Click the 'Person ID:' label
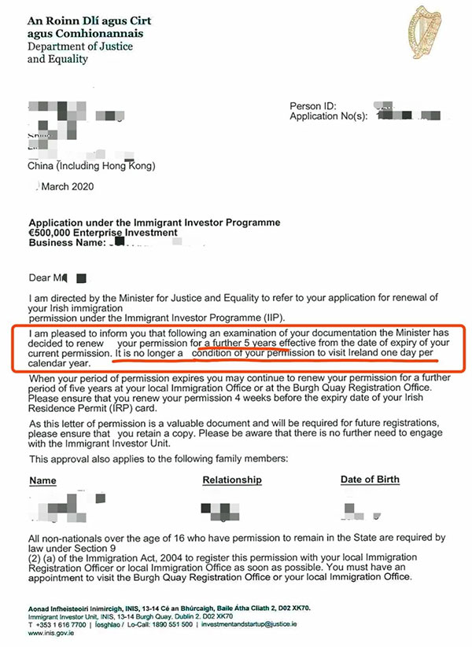314,106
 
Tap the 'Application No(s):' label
330,116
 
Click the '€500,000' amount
50,233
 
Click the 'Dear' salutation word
40,278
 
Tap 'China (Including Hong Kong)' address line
91,166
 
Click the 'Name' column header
43,480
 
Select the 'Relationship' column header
232,480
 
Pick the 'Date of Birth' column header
370,480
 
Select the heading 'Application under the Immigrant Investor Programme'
154,223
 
